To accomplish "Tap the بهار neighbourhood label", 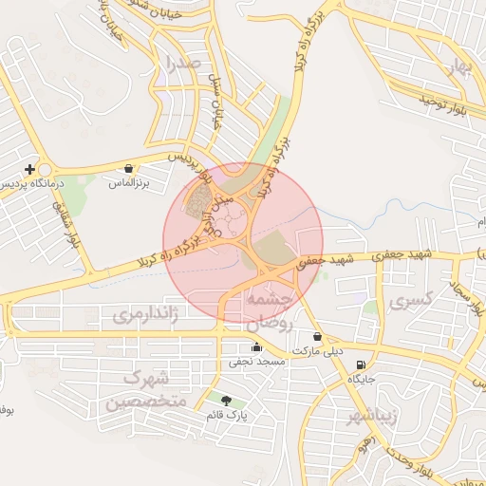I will pyautogui.click(x=460, y=65).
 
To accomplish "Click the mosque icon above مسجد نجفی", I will pyautogui.click(x=256, y=346).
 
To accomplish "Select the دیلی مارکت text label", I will pyautogui.click(x=316, y=351).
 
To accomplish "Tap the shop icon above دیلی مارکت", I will pyautogui.click(x=316, y=337).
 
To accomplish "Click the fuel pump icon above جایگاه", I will pyautogui.click(x=360, y=365).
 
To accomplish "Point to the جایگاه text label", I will pyautogui.click(x=362, y=379).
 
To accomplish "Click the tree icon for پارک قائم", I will pyautogui.click(x=225, y=402).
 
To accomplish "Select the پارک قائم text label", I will pyautogui.click(x=226, y=416).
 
